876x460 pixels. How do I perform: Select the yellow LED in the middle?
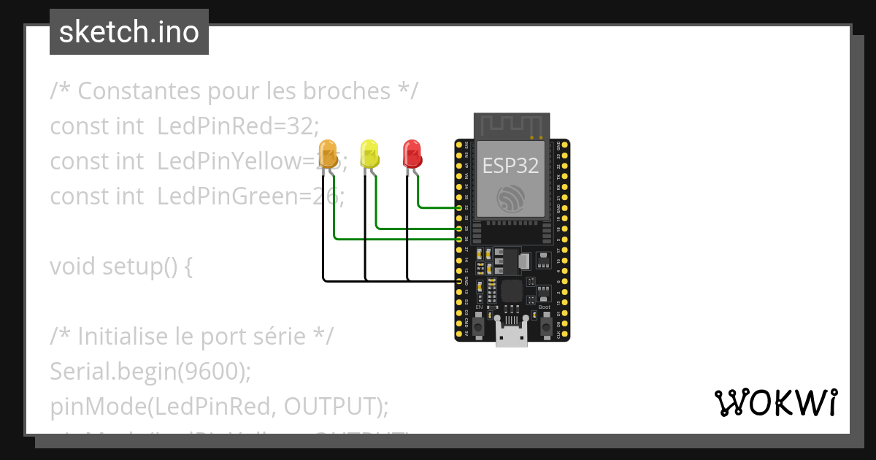[370, 154]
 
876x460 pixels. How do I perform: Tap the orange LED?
[328, 154]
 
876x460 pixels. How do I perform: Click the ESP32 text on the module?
[510, 166]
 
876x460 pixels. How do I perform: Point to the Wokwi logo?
[775, 402]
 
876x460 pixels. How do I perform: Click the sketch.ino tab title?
[129, 32]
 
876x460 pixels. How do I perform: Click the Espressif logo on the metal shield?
[510, 199]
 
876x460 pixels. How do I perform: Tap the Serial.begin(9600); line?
[150, 372]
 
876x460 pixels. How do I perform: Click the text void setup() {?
[121, 267]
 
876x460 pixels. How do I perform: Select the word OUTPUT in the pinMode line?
[333, 407]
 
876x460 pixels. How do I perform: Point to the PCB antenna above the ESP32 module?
[510, 125]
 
